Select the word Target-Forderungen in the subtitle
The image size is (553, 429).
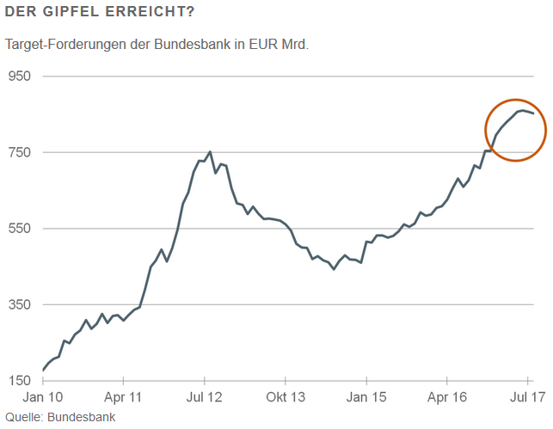coord(64,45)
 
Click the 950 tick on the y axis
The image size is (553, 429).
coord(19,76)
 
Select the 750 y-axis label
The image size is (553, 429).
coord(19,152)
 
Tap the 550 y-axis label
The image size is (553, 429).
coord(19,228)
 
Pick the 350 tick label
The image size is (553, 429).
coord(19,304)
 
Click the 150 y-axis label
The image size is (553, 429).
coord(19,380)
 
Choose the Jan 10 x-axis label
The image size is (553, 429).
coord(43,398)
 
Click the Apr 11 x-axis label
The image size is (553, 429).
coord(124,398)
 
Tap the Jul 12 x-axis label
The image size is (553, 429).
coord(205,398)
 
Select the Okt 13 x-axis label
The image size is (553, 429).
coord(286,398)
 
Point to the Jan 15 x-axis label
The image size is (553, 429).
coord(366,398)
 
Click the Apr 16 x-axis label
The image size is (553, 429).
coord(447,398)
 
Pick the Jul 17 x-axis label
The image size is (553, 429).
coord(526,398)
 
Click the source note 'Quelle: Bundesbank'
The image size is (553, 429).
coord(59,417)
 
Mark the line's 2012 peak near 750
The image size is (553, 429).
coord(211,152)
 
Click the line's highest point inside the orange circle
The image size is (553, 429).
coord(522,110)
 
